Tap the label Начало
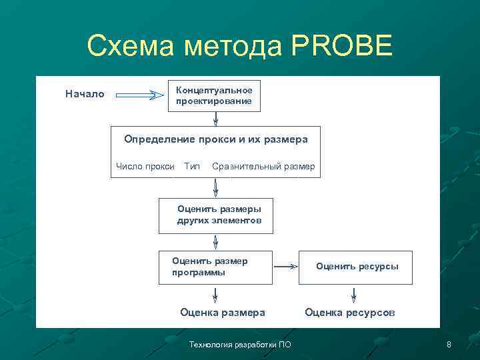85,94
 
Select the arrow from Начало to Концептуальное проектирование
139,95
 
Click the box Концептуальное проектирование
214,95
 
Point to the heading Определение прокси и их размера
215,139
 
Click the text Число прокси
145,166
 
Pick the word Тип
192,166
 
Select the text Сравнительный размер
263,166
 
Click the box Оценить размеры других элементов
215,215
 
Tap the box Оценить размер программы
215,267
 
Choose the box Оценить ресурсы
356,267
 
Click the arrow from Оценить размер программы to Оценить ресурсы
286,267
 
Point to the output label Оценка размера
223,312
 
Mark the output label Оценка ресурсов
350,312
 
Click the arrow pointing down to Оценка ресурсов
353,294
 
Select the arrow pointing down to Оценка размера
215,294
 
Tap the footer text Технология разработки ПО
240,345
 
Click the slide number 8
449,345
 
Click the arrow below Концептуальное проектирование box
215,118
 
